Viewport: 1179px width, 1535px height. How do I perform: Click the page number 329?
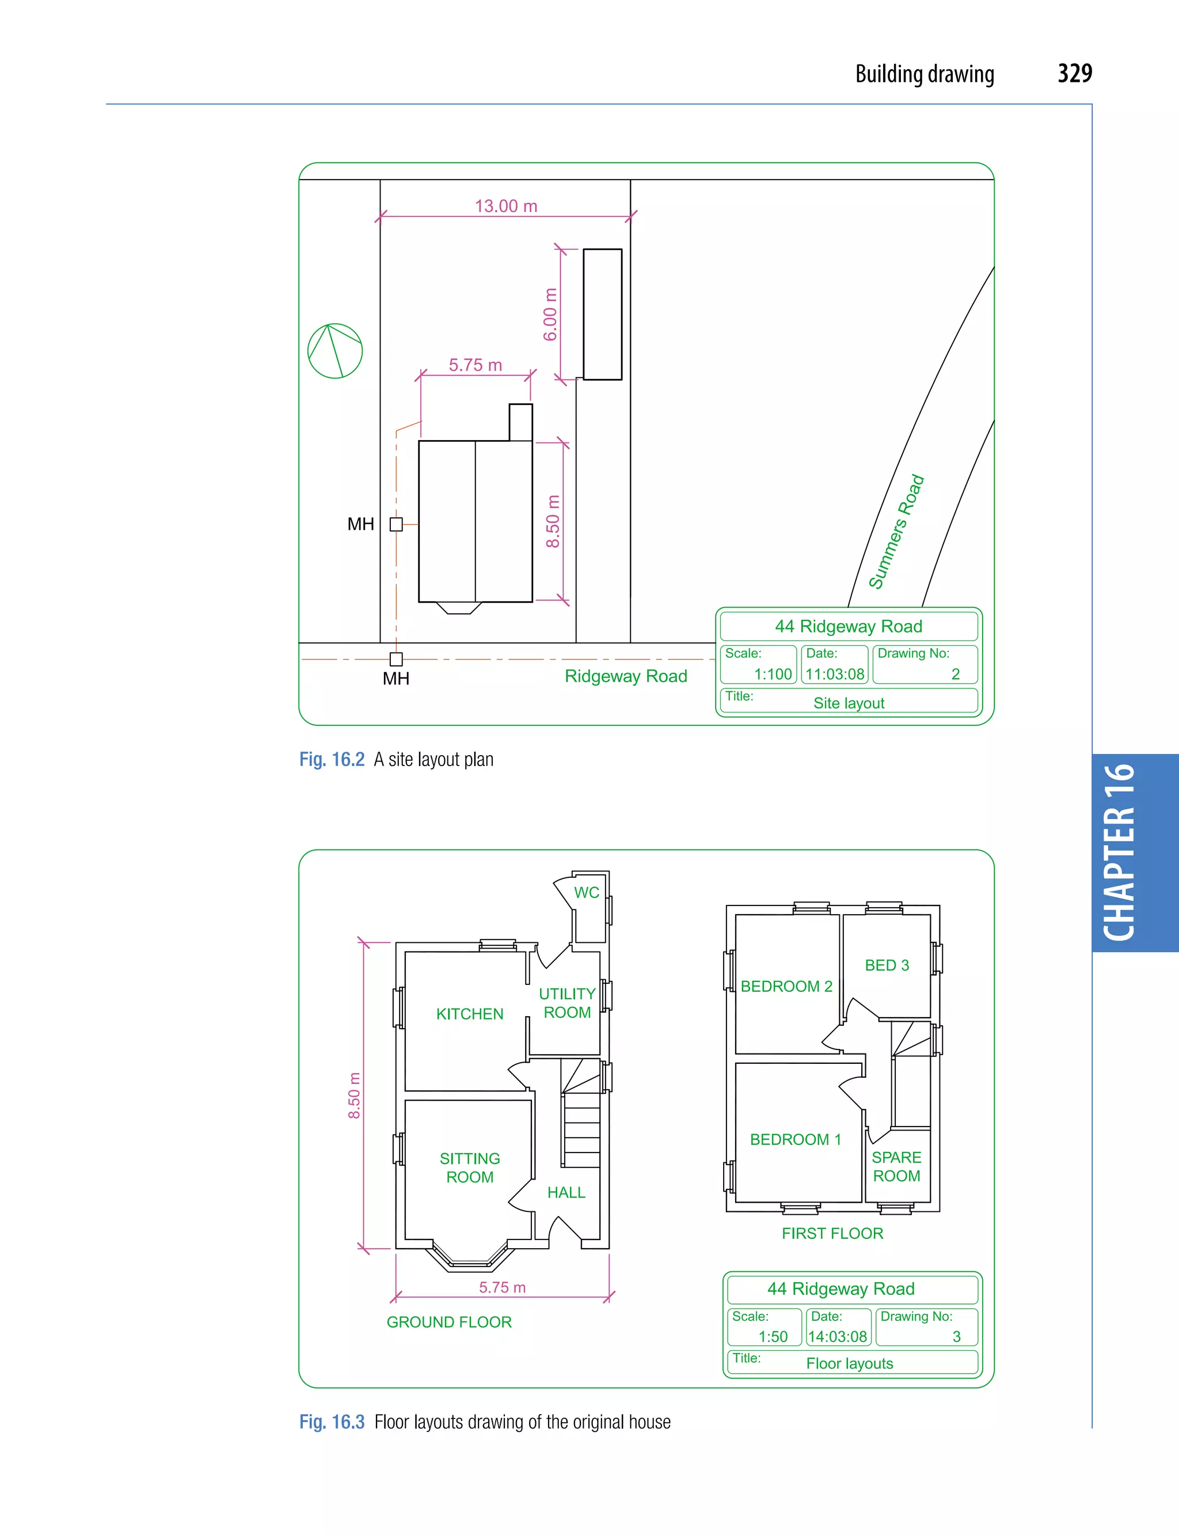tap(1074, 74)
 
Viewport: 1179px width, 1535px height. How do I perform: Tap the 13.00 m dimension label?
tap(505, 206)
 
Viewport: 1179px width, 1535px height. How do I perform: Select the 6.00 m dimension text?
tap(550, 314)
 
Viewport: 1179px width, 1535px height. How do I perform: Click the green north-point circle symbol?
tap(334, 351)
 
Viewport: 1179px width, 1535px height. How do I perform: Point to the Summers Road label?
tap(896, 532)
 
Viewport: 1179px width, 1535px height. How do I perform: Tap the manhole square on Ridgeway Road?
tap(397, 659)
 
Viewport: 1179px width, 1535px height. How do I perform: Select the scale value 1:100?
tap(773, 674)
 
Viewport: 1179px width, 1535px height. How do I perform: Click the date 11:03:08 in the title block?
tap(834, 674)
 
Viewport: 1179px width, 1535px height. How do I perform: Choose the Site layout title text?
tap(849, 703)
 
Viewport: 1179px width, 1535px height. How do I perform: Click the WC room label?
tap(587, 893)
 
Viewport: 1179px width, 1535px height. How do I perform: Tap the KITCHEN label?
tap(470, 1014)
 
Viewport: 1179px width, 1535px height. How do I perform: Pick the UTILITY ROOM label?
tap(567, 1003)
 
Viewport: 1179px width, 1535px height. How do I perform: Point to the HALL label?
tap(566, 1192)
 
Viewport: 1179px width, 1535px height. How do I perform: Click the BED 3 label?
tap(887, 965)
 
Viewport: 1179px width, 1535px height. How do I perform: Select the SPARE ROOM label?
tap(896, 1166)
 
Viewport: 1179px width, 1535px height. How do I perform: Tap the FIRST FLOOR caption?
tap(832, 1233)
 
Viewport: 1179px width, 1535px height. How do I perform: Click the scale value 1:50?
tap(773, 1336)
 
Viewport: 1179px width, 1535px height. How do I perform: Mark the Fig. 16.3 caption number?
tap(332, 1422)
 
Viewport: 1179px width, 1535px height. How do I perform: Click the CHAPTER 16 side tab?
tap(1120, 852)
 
